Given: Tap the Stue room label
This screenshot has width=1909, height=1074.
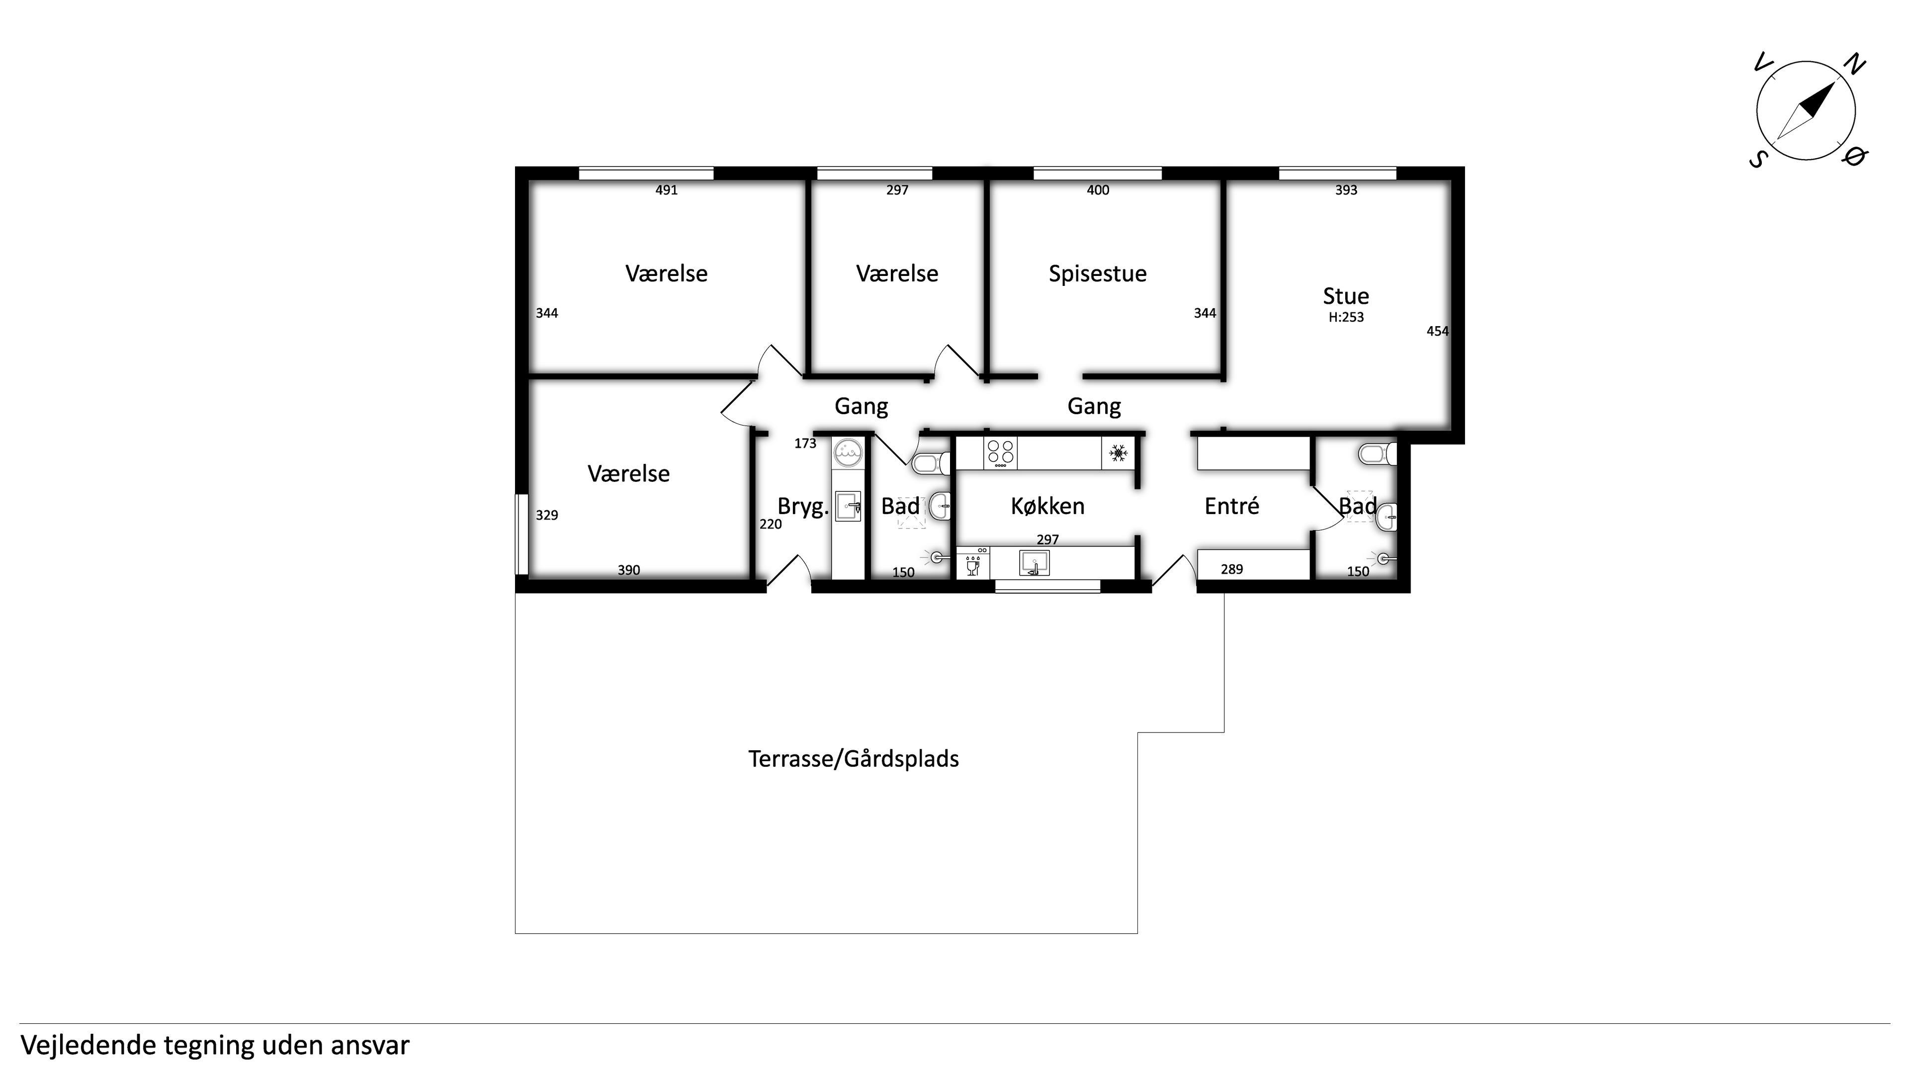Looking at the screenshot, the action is point(1346,296).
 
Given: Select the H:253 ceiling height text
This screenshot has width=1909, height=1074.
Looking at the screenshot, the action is point(1346,317).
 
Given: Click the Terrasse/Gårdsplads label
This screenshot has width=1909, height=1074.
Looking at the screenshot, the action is point(854,759).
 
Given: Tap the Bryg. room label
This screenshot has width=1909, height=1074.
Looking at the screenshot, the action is point(802,507).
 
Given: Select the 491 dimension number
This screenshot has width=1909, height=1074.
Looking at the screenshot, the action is point(666,190).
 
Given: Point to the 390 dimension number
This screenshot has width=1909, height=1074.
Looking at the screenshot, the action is point(628,570).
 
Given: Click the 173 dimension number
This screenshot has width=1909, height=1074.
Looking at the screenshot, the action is point(805,443).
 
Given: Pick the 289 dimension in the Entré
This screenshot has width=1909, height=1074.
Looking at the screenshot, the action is point(1232,569).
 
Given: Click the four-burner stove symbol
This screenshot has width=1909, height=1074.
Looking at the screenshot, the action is point(1000,453).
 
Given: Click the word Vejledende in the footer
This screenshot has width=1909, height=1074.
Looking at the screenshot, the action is point(88,1046).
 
